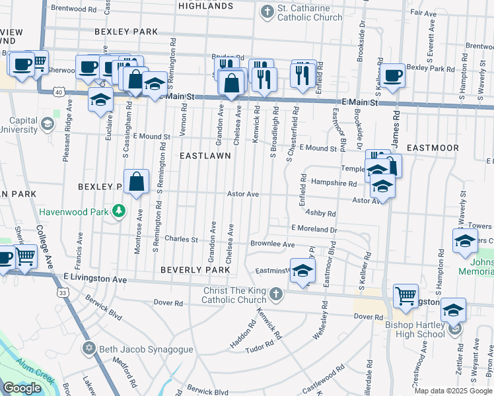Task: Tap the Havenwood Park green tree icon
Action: pos(119,211)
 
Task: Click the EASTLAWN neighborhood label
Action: pos(205,156)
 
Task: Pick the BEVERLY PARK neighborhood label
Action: pos(195,271)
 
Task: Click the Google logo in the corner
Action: pos(22,387)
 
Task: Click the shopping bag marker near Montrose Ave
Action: pos(136,181)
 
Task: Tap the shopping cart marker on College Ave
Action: pos(25,255)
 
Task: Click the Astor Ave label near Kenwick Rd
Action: pos(242,194)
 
